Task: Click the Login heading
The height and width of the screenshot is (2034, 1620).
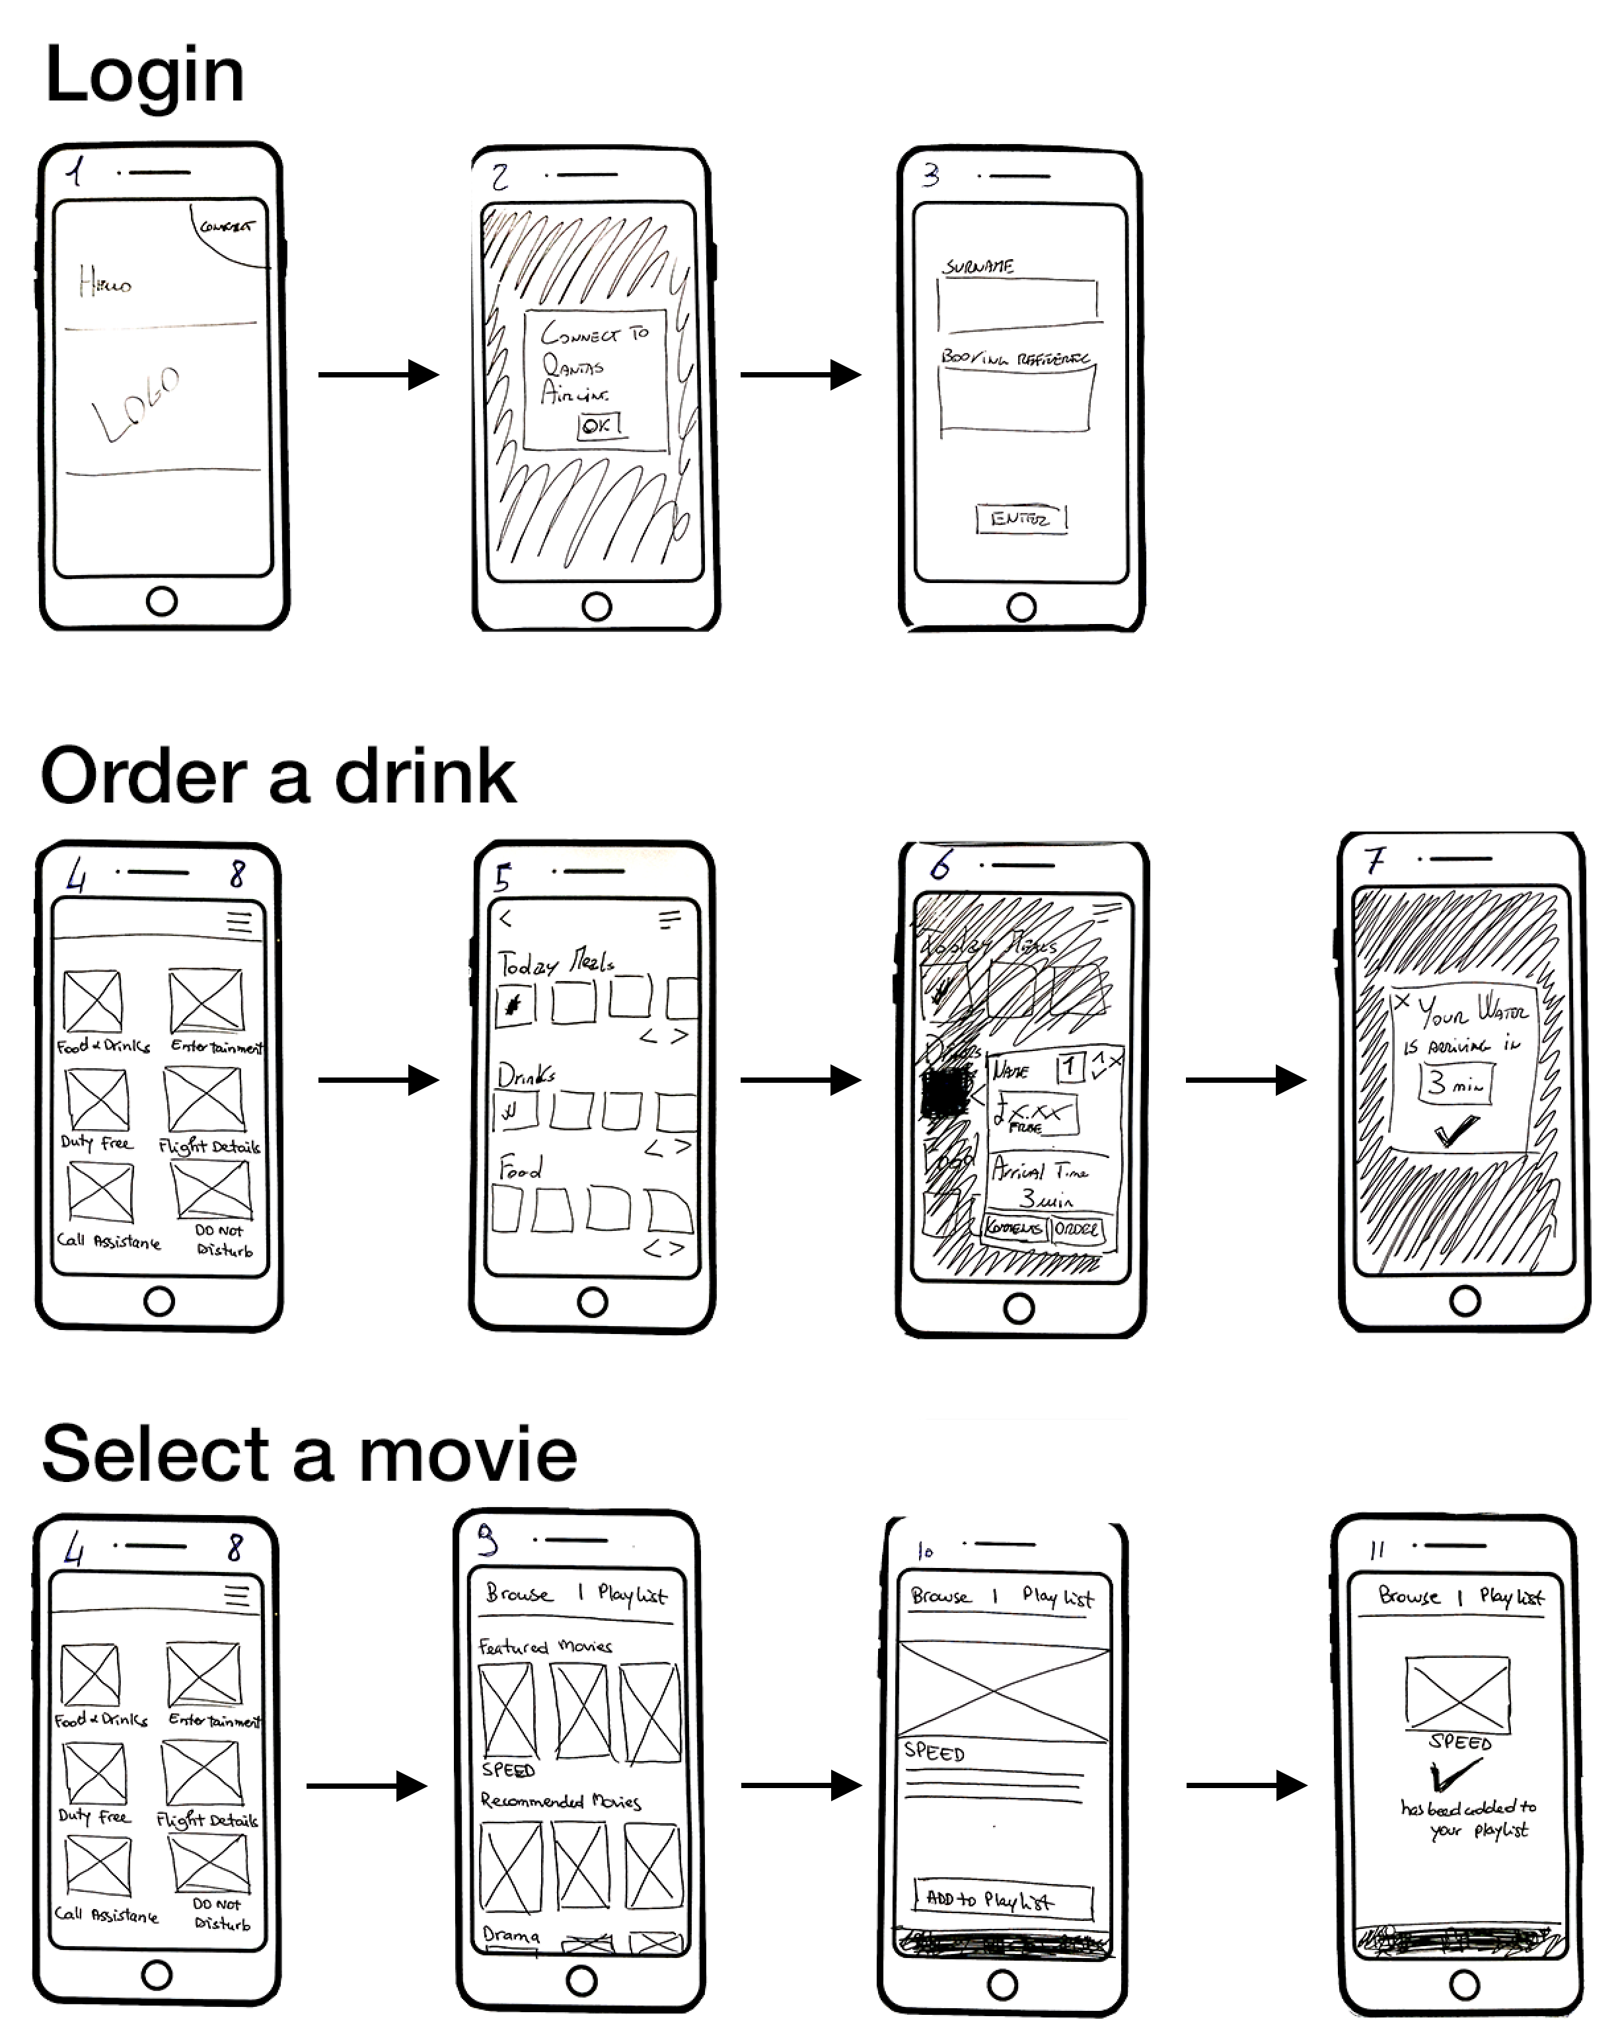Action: [144, 75]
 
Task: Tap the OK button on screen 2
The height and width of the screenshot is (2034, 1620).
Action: [599, 426]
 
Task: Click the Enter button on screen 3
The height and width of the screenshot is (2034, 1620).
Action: [1020, 519]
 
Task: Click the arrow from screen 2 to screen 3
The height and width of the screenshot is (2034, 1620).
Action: [799, 375]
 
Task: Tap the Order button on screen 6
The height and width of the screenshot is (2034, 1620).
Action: [1075, 1228]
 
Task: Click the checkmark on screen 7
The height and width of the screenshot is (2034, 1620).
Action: [1456, 1130]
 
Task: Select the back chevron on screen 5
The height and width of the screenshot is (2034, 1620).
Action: [505, 918]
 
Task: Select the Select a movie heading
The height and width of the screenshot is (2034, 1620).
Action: [309, 1454]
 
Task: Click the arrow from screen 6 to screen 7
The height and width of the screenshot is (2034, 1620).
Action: [1245, 1080]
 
